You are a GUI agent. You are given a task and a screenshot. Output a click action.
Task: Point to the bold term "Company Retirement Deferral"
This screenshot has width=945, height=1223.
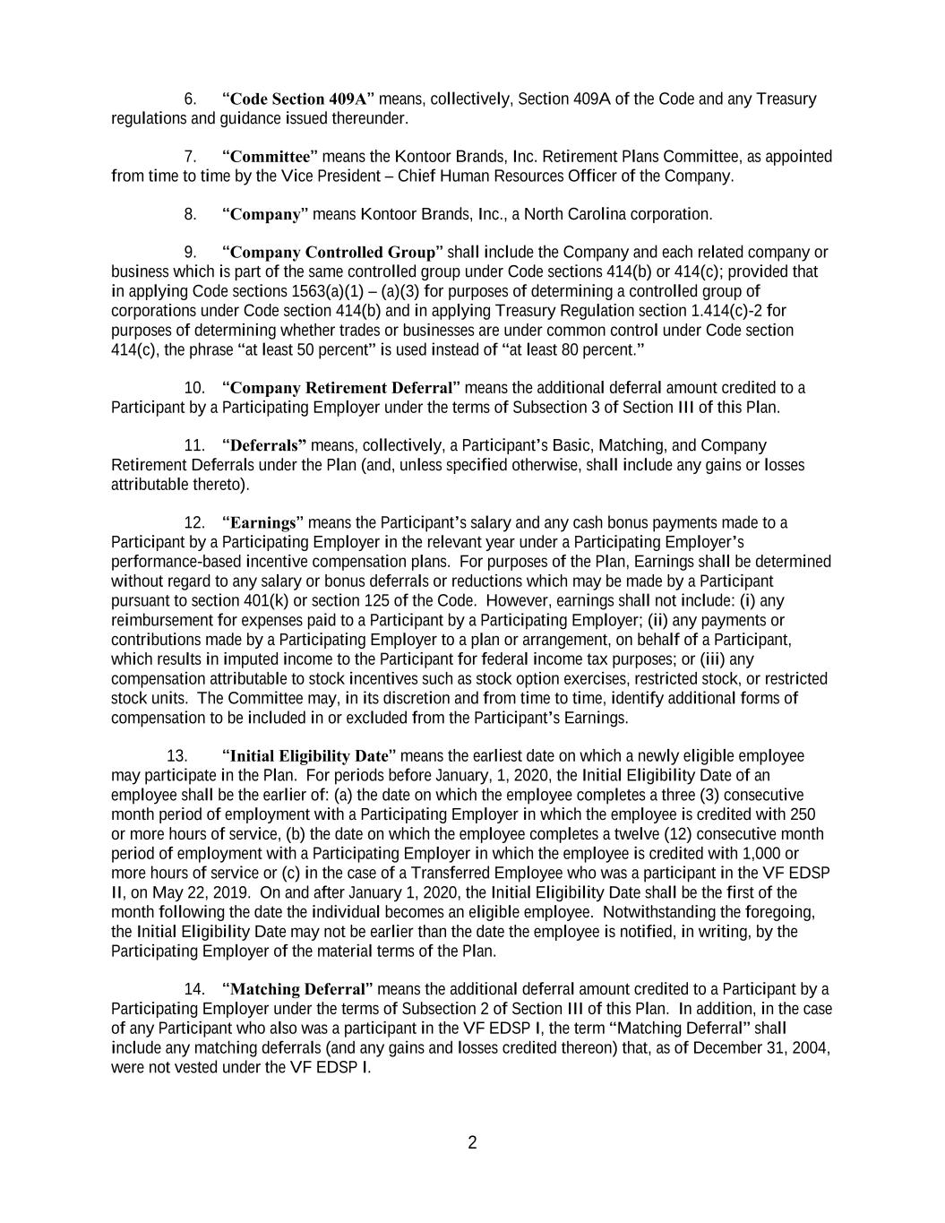[340, 388]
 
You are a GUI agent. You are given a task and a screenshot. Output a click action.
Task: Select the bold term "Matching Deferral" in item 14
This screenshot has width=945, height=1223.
[299, 989]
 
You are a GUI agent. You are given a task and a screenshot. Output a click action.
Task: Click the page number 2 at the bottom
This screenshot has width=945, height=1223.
[472, 1142]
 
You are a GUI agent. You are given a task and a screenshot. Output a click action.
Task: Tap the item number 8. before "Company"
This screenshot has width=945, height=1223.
[191, 214]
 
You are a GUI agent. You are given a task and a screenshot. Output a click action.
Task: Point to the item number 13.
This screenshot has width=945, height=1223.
[176, 756]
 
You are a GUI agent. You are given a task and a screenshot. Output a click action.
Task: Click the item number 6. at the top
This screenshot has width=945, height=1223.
[191, 99]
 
